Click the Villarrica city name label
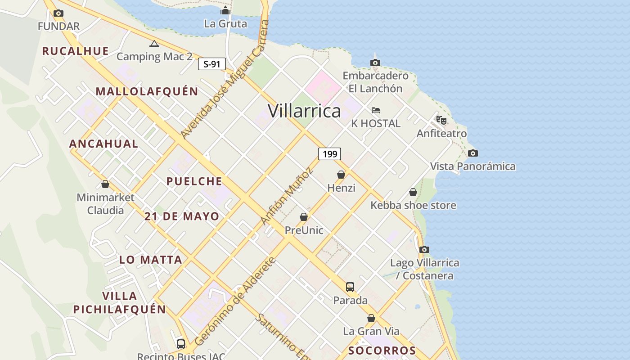click(304, 111)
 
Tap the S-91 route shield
click(211, 64)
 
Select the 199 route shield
click(329, 154)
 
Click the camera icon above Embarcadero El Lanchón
click(375, 63)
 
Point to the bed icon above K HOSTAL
click(376, 110)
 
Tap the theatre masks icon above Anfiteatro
click(441, 120)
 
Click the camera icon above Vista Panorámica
click(472, 153)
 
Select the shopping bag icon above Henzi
click(341, 175)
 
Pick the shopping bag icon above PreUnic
click(304, 217)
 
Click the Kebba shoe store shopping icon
click(413, 192)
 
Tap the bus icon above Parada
click(350, 287)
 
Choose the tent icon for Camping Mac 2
click(154, 44)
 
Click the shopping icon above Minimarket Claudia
click(105, 184)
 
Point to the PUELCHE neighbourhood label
click(194, 181)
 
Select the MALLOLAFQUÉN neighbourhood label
click(147, 91)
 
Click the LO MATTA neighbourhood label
click(151, 260)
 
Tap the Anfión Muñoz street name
click(287, 196)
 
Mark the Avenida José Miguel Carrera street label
click(225, 80)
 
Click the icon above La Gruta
click(225, 10)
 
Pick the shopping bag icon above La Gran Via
click(371, 318)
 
